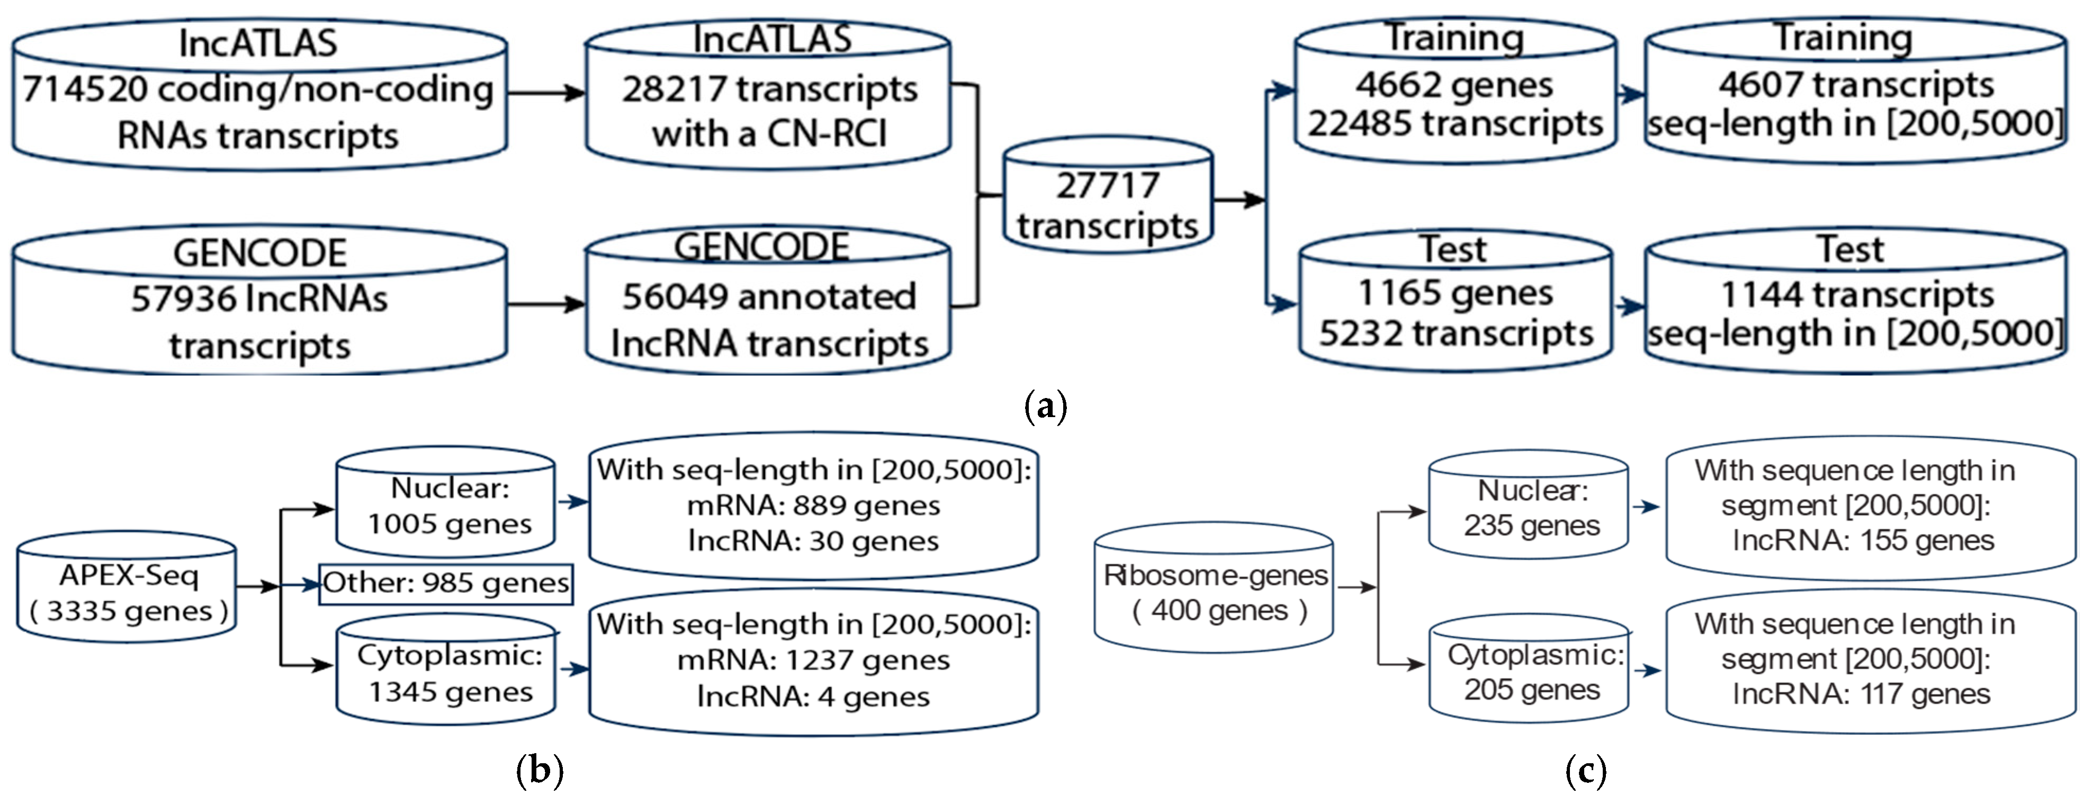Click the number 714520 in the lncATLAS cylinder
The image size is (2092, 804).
(x=85, y=89)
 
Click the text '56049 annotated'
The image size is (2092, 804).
(x=768, y=296)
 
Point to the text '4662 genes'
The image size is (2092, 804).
(x=1453, y=85)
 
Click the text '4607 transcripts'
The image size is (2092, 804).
(x=1856, y=85)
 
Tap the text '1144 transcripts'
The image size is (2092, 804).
(x=1856, y=294)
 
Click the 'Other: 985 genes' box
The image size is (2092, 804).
(x=446, y=584)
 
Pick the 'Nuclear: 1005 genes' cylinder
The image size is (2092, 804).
(x=447, y=505)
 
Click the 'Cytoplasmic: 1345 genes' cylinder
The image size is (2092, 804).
(x=447, y=672)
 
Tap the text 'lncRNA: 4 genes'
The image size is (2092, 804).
(x=813, y=697)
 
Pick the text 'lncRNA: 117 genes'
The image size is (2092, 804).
(x=1861, y=694)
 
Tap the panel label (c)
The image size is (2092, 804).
(x=1585, y=769)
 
